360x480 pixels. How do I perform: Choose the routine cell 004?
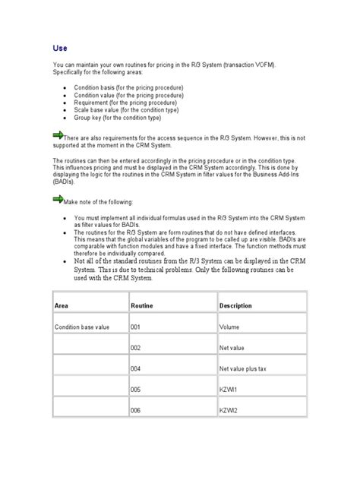click(137, 369)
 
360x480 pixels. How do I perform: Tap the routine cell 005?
click(137, 390)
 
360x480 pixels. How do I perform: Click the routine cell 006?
click(137, 412)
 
